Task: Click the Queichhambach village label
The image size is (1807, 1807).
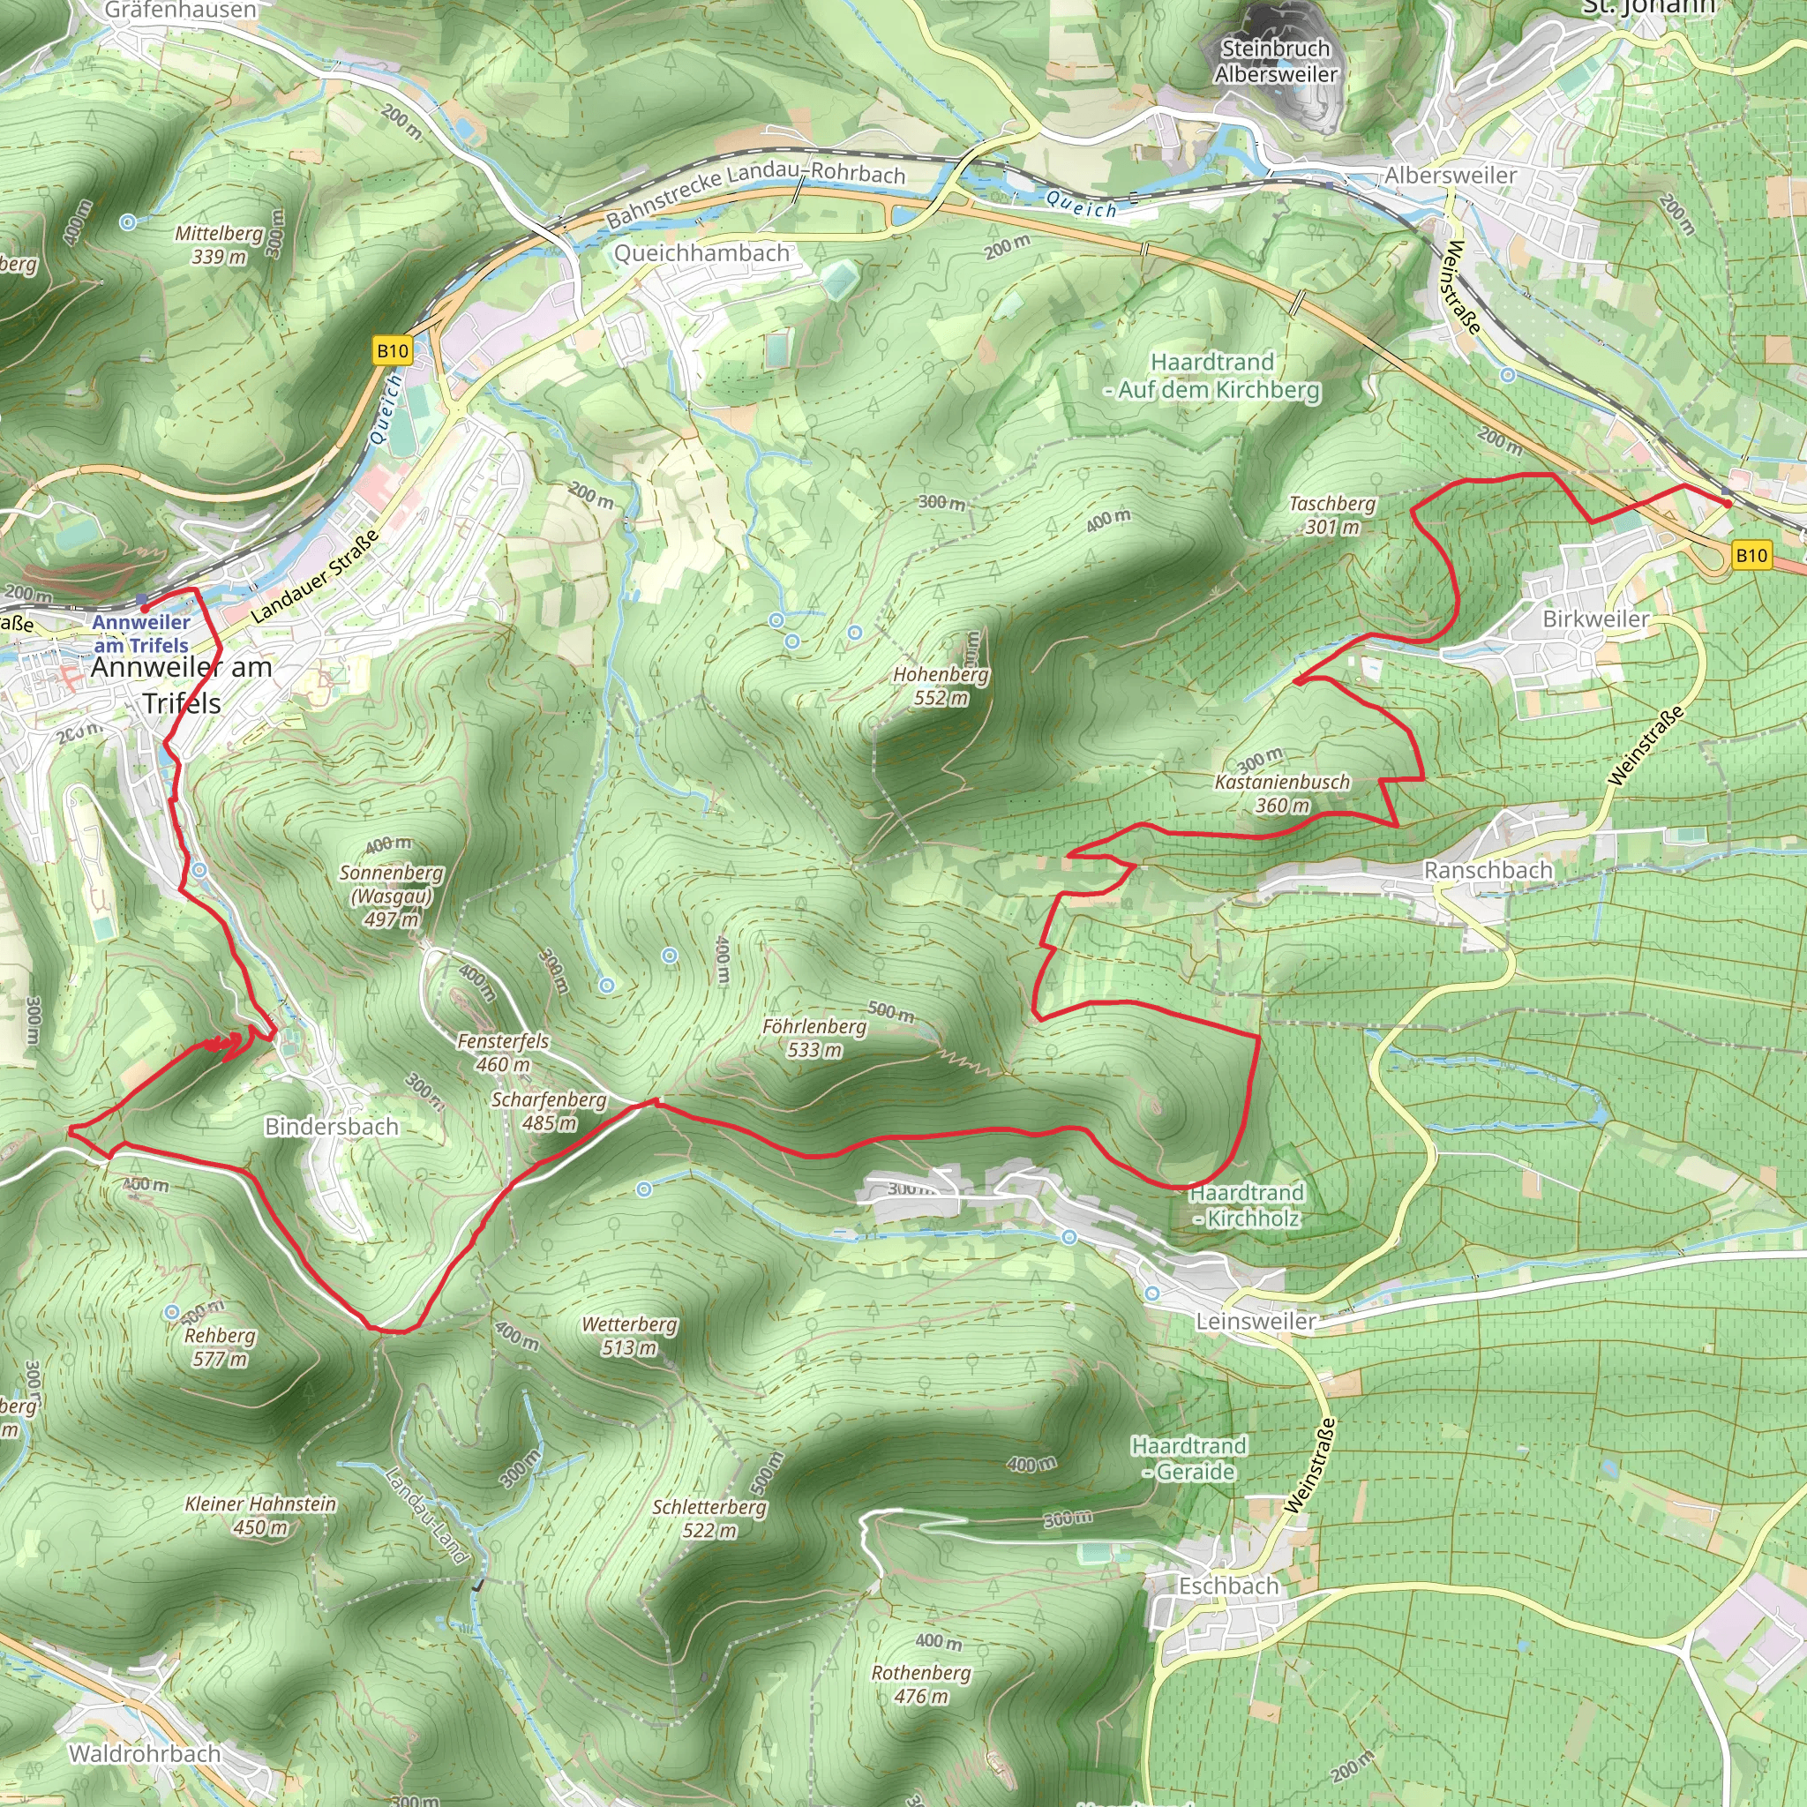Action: tap(701, 253)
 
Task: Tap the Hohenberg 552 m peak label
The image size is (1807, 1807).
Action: tap(940, 686)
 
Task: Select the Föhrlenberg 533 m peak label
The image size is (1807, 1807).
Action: tap(814, 1038)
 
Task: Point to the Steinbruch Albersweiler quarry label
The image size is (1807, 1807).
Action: tap(1276, 61)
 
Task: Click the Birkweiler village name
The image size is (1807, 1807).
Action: tap(1595, 619)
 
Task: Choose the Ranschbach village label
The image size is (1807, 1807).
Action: tap(1488, 870)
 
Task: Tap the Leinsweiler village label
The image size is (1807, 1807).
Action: tap(1256, 1321)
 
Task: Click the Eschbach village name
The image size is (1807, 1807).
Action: tap(1228, 1586)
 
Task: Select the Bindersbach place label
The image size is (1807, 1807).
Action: tap(331, 1126)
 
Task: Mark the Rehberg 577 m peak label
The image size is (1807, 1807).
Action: tap(220, 1346)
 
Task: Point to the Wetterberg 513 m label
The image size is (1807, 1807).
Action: tap(628, 1336)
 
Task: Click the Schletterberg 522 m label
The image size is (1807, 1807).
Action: tap(709, 1519)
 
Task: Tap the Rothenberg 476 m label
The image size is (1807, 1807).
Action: tap(921, 1683)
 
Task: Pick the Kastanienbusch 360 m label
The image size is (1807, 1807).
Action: tap(1282, 793)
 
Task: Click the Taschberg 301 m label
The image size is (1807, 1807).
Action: tap(1331, 514)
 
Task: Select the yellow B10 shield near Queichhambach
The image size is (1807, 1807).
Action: tap(392, 351)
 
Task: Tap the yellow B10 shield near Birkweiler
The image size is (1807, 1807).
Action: tap(1751, 556)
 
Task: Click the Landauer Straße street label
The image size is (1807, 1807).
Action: tap(316, 576)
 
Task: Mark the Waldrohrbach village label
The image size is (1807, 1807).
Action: tap(145, 1753)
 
